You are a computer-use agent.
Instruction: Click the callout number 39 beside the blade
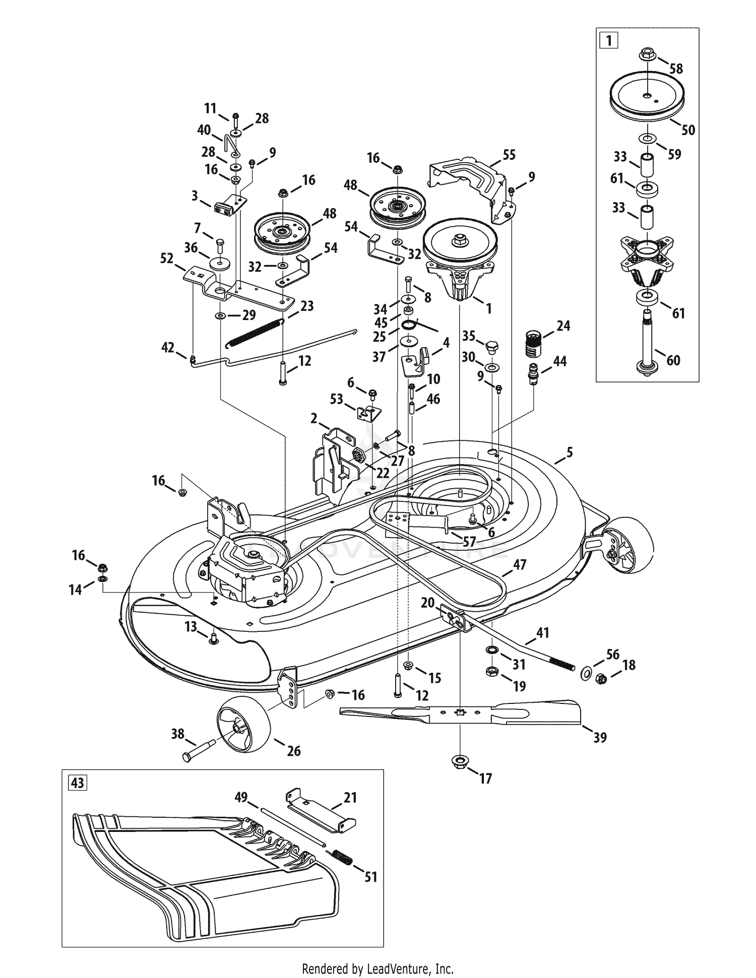pos(600,738)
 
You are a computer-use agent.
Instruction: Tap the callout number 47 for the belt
pos(519,565)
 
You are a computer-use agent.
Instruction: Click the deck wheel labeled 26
pos(244,723)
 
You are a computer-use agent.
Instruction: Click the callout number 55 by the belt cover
pos(509,155)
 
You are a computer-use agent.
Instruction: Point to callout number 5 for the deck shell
pos(569,452)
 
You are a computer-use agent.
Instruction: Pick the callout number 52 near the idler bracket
pos(166,258)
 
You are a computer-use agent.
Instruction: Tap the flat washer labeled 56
pos(587,673)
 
